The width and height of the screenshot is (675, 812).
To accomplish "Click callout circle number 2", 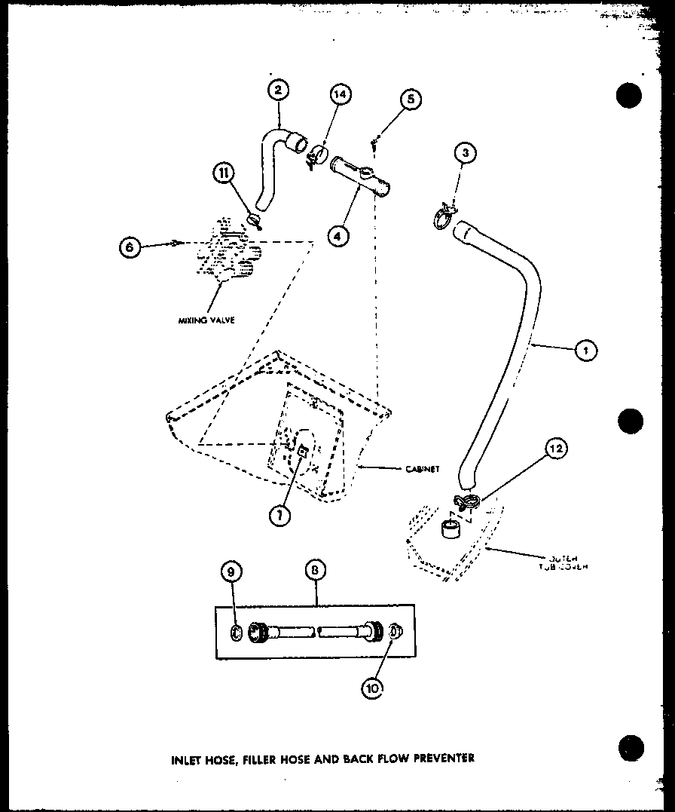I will [x=278, y=90].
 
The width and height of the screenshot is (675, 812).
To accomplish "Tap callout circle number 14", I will [x=341, y=94].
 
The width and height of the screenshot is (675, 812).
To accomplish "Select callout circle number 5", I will [x=411, y=100].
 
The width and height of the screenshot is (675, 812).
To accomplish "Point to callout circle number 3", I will [x=466, y=154].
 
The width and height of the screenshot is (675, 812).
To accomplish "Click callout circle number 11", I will [x=224, y=173].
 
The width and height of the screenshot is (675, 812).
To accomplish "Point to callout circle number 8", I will [x=316, y=573].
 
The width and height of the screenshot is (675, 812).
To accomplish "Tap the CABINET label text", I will [x=422, y=469].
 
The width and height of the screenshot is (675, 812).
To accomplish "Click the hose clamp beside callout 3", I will [x=445, y=216].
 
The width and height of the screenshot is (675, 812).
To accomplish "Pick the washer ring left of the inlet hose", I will [x=236, y=633].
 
